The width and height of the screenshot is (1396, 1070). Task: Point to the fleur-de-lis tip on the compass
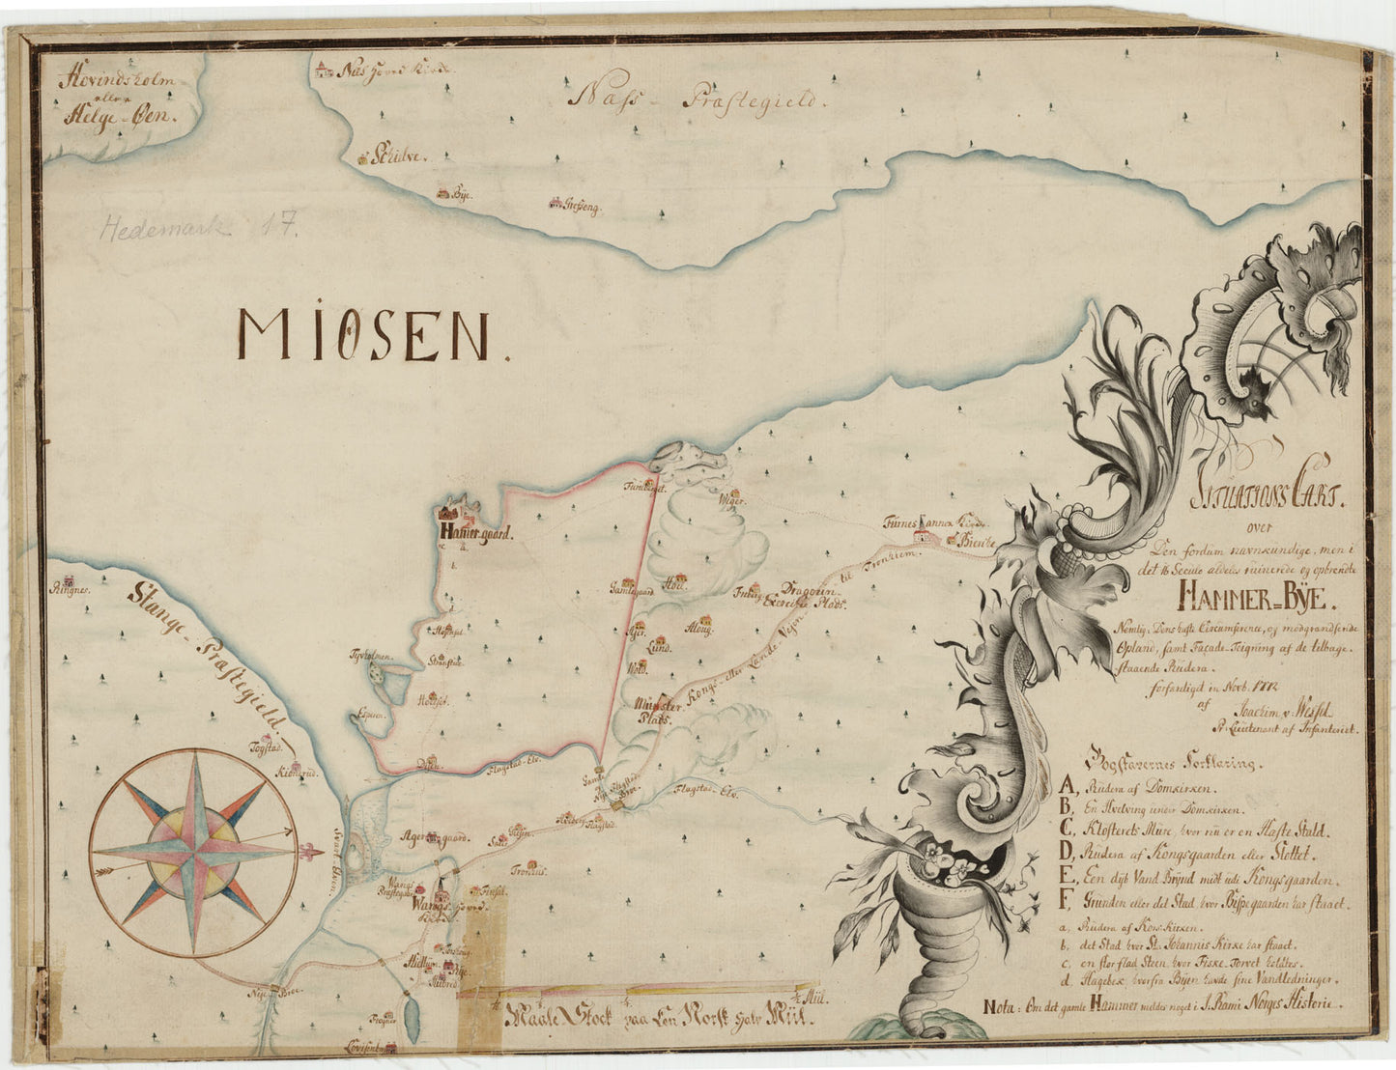[311, 853]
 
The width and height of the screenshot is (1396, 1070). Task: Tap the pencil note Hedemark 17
[199, 228]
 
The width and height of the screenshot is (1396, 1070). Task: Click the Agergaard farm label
[434, 838]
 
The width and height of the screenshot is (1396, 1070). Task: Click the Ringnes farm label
[71, 586]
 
